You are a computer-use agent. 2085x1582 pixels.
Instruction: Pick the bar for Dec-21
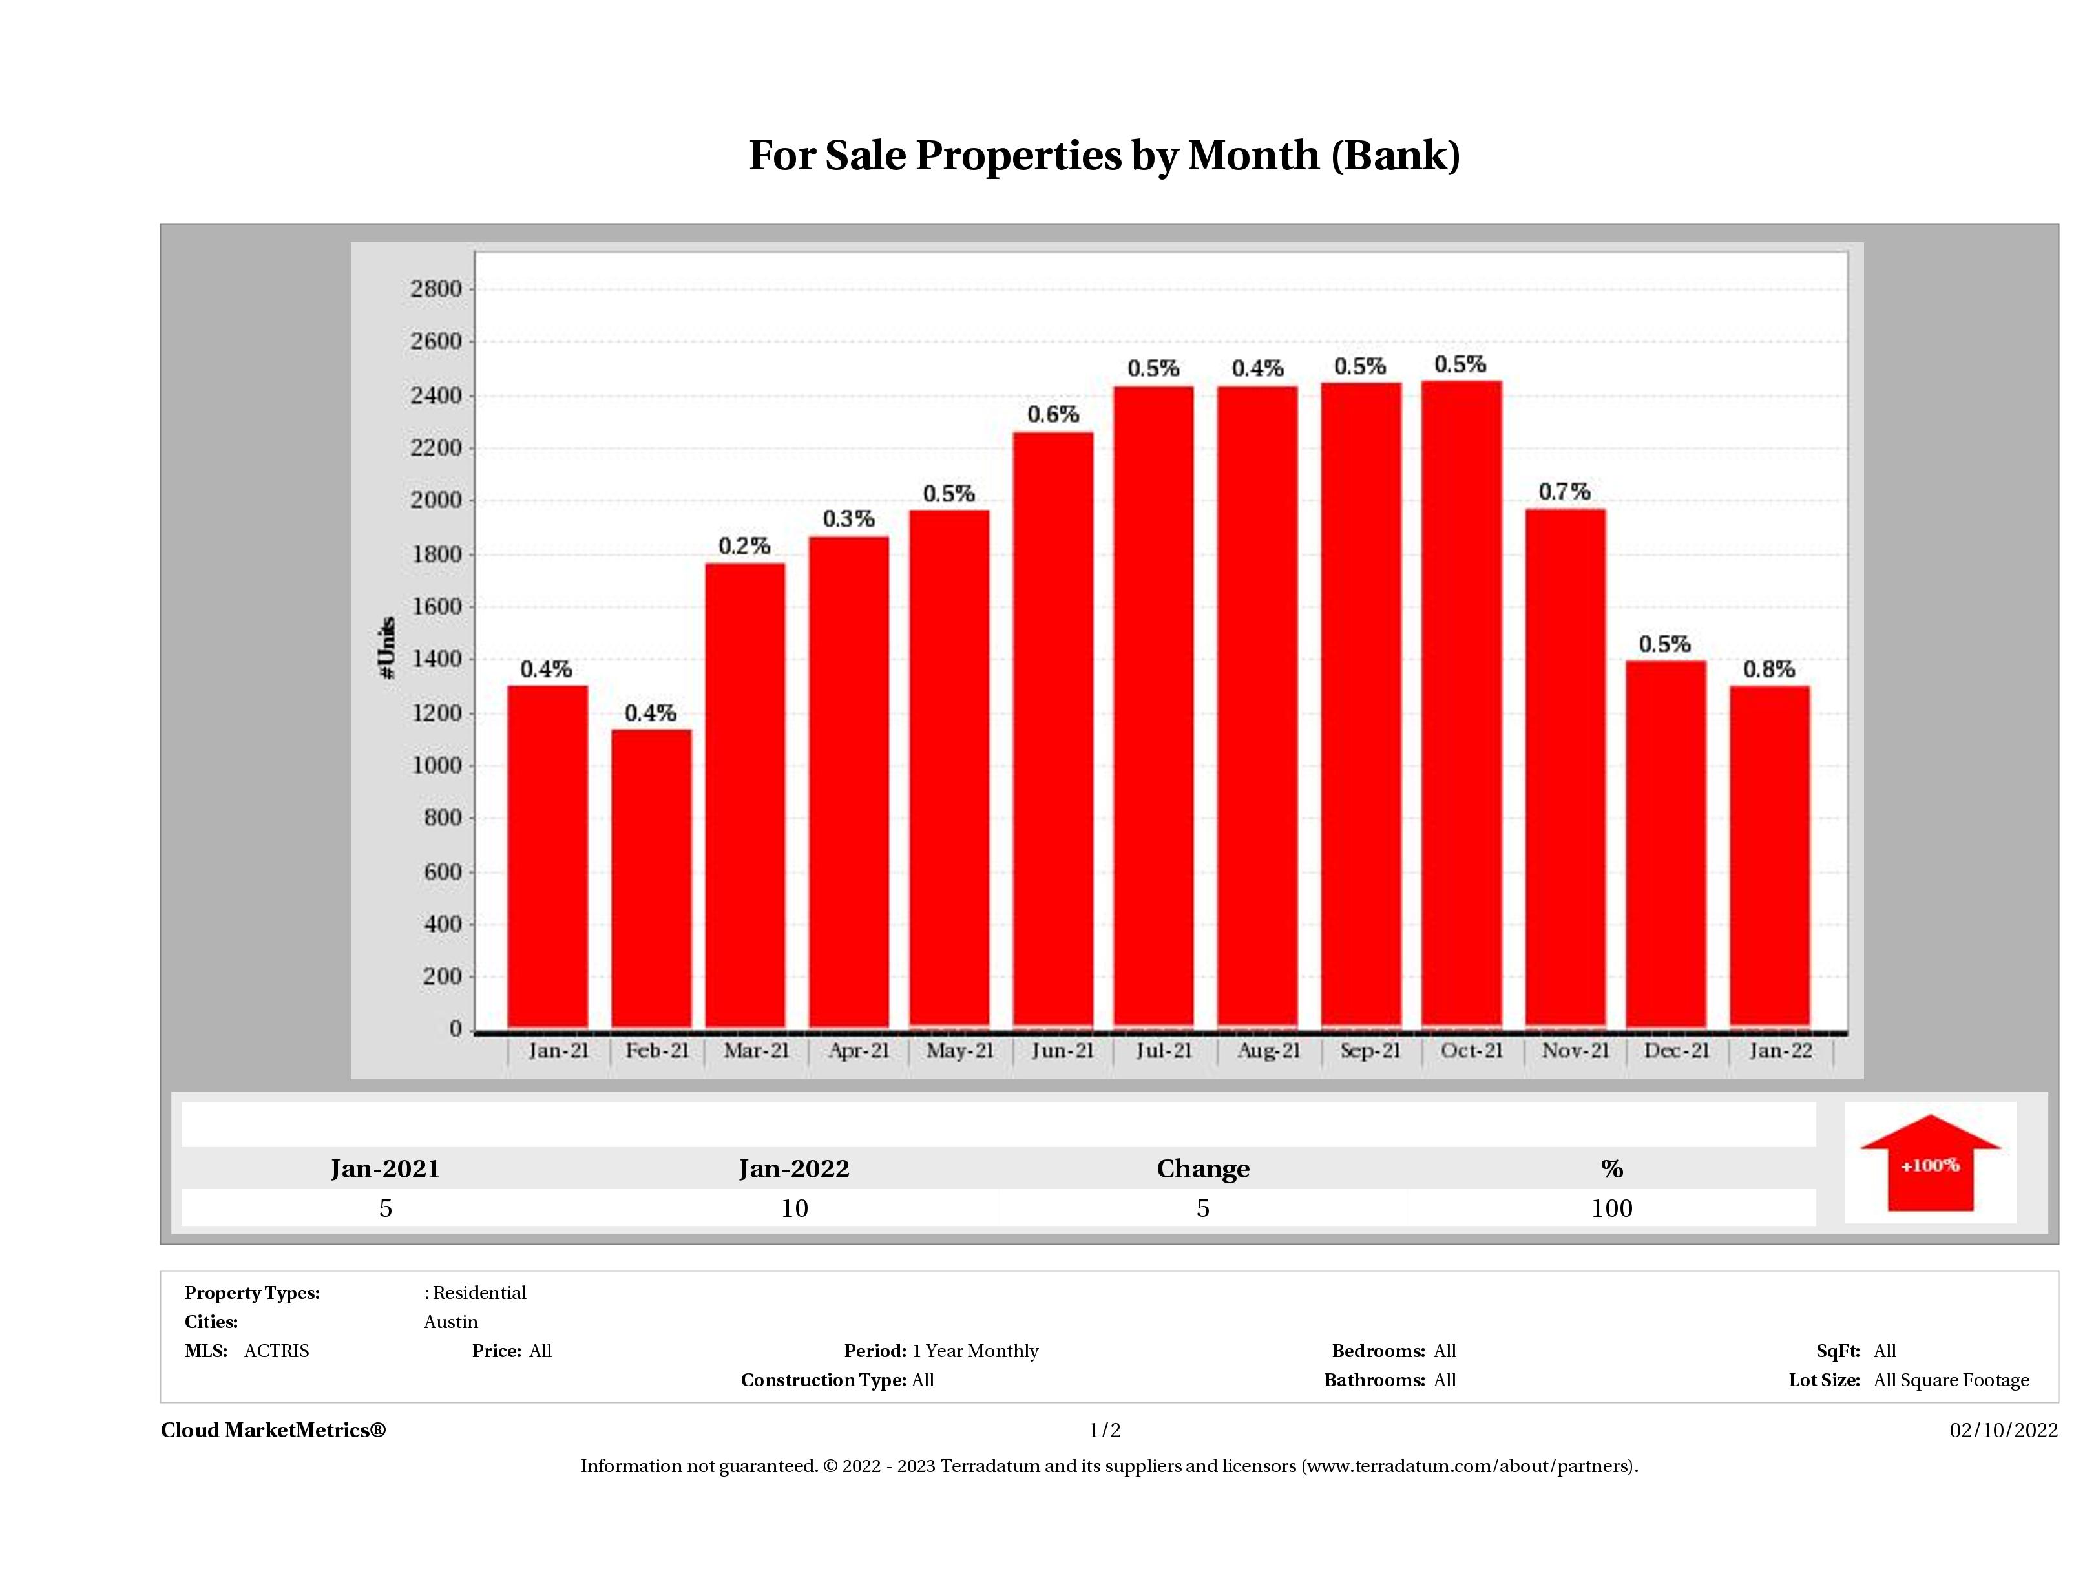(1666, 844)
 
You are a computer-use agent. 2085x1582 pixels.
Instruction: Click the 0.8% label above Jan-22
(1768, 670)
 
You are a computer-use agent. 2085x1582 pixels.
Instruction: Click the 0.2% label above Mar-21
(744, 546)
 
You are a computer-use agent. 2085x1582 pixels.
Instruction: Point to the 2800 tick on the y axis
(435, 288)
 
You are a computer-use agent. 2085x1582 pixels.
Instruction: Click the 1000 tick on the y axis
(435, 766)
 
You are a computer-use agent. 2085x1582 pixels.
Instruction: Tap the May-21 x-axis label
(959, 1050)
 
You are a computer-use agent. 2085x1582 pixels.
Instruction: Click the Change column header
(1203, 1169)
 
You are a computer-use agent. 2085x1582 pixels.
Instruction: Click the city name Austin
(450, 1322)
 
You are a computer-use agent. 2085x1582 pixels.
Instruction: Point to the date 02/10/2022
(2003, 1430)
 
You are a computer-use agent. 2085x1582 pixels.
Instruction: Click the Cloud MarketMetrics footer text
(273, 1430)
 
